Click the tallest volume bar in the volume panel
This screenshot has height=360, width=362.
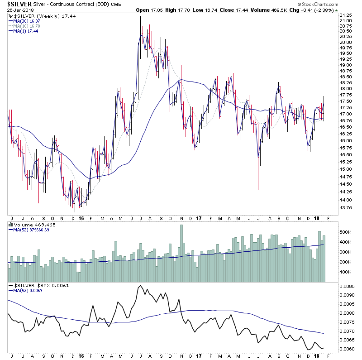tap(181, 254)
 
